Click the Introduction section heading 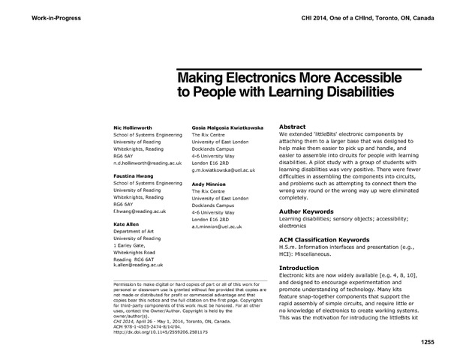[x=299, y=268]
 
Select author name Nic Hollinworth [x=132, y=129]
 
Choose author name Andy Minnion [x=209, y=184]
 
